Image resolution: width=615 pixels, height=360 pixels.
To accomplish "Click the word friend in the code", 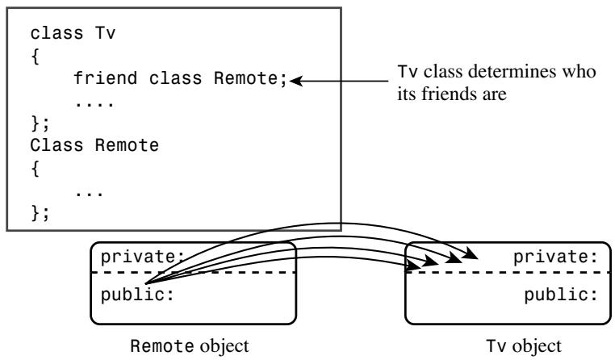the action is click(x=106, y=78).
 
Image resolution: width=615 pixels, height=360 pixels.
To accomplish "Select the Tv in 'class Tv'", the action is click(x=105, y=33).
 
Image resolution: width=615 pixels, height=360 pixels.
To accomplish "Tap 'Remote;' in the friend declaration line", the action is click(x=251, y=78).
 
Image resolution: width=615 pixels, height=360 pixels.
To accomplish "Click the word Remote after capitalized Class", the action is click(x=127, y=145).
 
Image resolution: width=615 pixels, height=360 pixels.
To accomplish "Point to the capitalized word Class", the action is click(x=56, y=145).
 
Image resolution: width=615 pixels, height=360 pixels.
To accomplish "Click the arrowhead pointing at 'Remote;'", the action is click(x=295, y=82).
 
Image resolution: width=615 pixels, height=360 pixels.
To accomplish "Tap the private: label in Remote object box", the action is click(x=142, y=257).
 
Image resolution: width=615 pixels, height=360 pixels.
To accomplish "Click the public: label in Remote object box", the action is click(x=137, y=295).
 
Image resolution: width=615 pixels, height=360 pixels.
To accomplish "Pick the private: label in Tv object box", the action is click(x=555, y=257).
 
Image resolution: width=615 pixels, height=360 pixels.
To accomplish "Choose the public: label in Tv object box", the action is click(x=561, y=295).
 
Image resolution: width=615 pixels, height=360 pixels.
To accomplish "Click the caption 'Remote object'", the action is click(x=190, y=346).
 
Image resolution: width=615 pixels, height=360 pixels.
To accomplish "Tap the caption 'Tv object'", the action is click(x=524, y=346).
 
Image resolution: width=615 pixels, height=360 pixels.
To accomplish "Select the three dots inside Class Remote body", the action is click(x=90, y=194).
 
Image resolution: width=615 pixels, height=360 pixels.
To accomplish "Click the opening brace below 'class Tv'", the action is click(x=36, y=57).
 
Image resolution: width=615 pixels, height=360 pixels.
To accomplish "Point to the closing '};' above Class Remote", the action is click(x=40, y=124).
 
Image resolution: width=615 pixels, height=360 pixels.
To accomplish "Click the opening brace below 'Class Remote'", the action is click(x=36, y=169).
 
